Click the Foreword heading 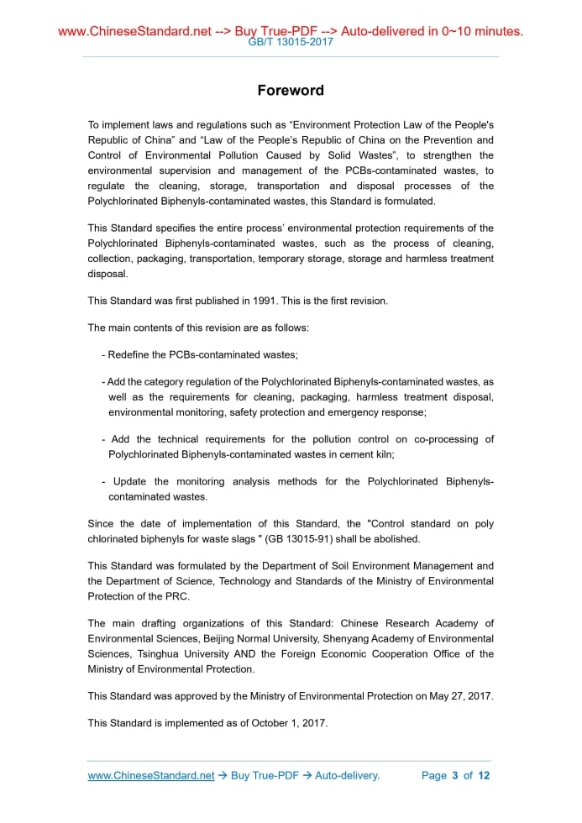(x=291, y=91)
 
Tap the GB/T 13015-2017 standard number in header (x=291, y=41)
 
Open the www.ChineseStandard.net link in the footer (x=151, y=776)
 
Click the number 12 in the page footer (x=484, y=776)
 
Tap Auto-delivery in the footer (x=347, y=776)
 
